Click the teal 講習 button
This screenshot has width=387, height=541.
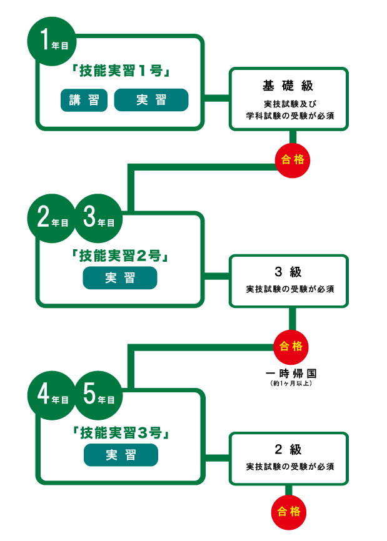point(84,100)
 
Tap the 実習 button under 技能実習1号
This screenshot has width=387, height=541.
point(151,100)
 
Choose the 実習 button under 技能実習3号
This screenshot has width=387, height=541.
point(120,455)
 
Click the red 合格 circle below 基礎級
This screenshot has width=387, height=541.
point(291,160)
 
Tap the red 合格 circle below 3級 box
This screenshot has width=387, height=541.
point(291,346)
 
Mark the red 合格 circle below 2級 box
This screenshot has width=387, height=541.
point(289,512)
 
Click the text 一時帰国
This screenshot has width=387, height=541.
point(291,374)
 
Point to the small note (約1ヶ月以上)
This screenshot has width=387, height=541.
point(291,383)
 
